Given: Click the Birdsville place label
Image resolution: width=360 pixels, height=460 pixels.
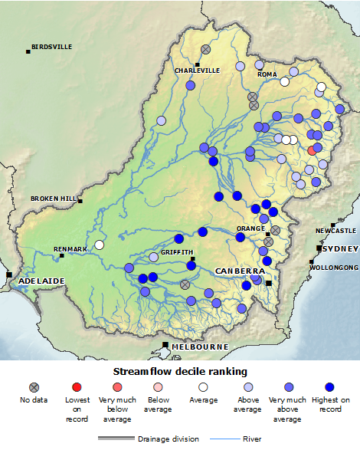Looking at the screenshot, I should coord(53,47).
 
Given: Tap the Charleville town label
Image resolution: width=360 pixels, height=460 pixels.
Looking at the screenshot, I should coord(197,71).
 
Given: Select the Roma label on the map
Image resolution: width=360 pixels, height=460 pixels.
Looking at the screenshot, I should coord(267,74).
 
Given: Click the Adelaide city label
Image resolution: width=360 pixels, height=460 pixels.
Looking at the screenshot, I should coord(39,281).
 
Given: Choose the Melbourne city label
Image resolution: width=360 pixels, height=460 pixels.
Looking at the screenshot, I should coord(200,347).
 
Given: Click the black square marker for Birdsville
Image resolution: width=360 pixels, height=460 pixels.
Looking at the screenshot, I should coord(28,51).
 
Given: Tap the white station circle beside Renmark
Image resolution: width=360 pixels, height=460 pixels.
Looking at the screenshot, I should coord(99,245).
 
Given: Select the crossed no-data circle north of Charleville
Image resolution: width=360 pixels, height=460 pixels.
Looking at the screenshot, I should coord(206,50).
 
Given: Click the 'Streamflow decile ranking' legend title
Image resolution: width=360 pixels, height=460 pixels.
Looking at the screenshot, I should coord(180,371).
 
